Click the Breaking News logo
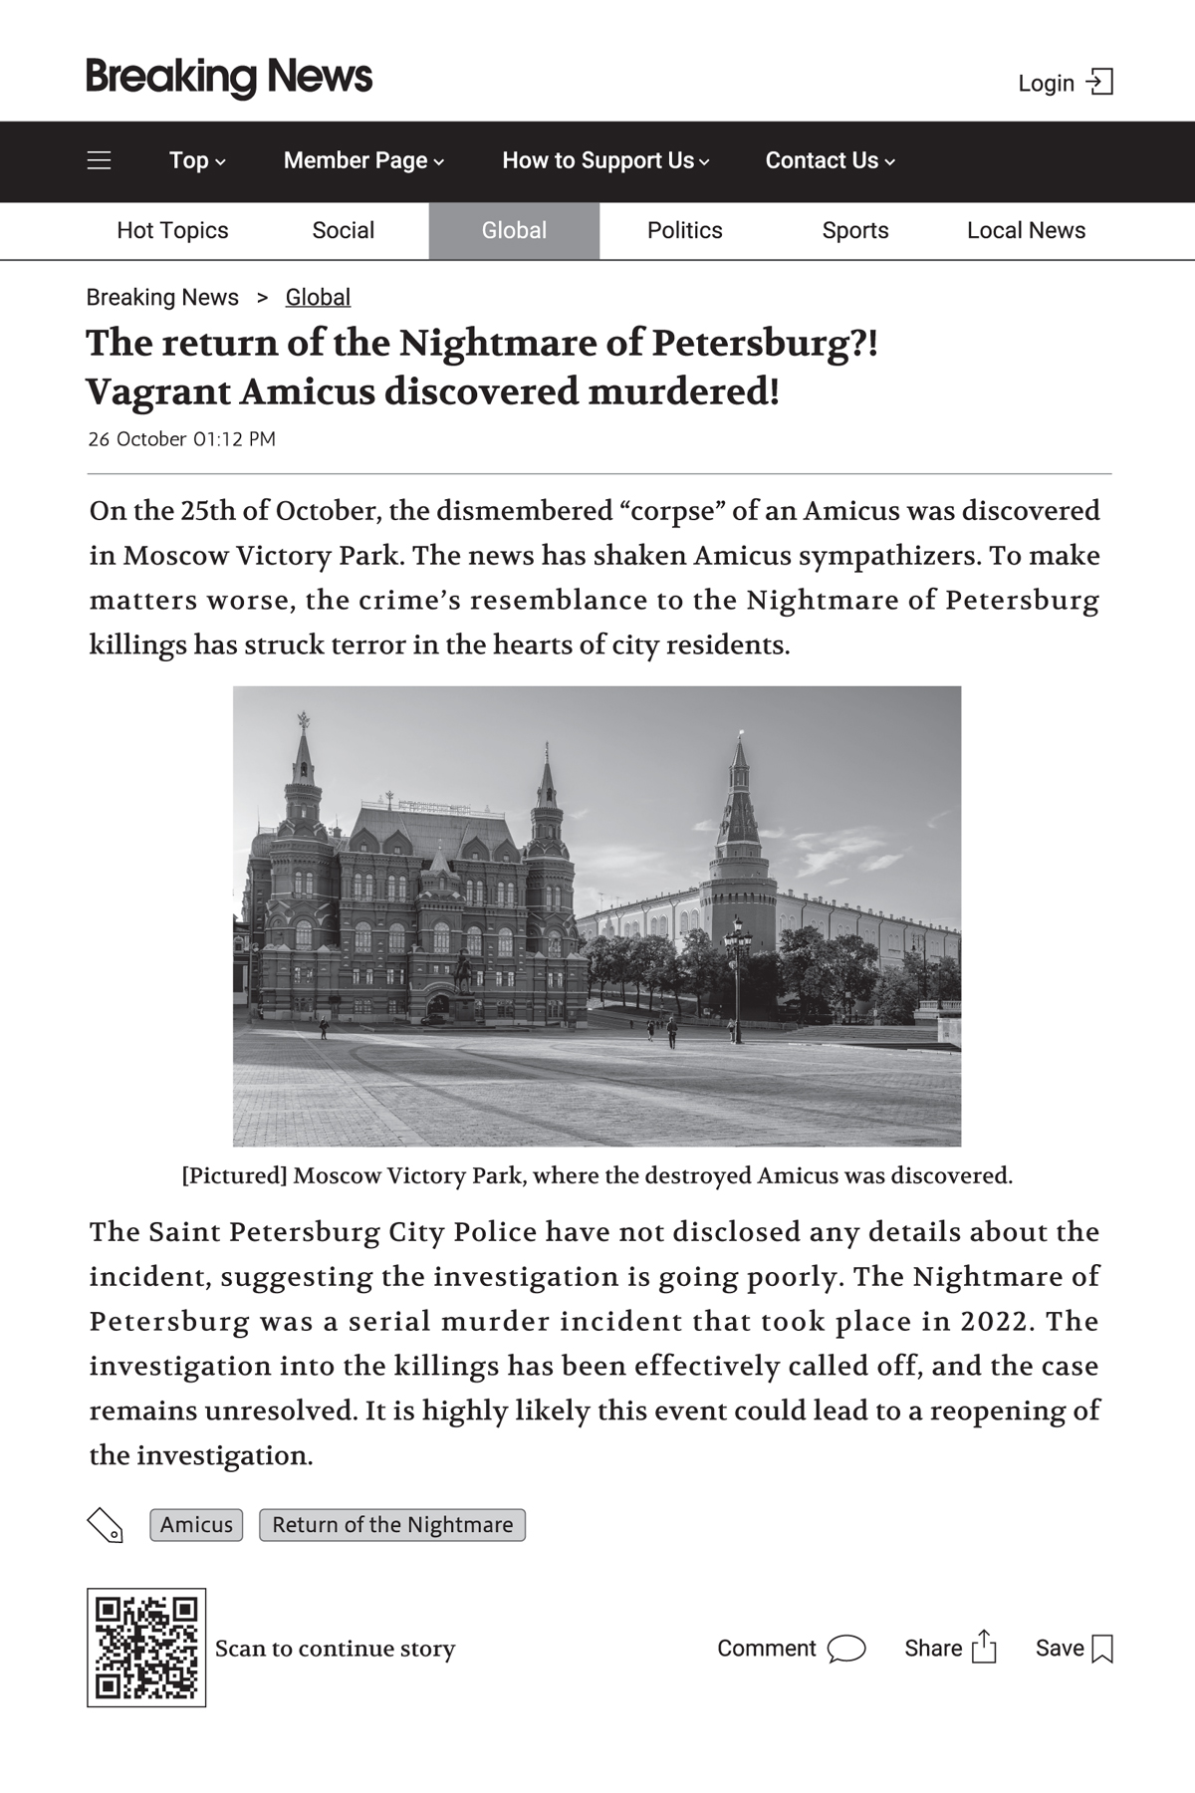229,78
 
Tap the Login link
1064,83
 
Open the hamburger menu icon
100,160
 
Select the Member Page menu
363,160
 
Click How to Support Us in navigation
605,160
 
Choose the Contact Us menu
830,160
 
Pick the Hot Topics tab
172,230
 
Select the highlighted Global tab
514,230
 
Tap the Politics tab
684,230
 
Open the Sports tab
854,230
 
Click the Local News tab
1026,230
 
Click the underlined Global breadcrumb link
318,297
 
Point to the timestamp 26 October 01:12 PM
181,439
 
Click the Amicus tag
196,1524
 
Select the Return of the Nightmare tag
392,1524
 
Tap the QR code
146,1648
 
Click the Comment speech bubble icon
846,1649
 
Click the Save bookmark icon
1102,1649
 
